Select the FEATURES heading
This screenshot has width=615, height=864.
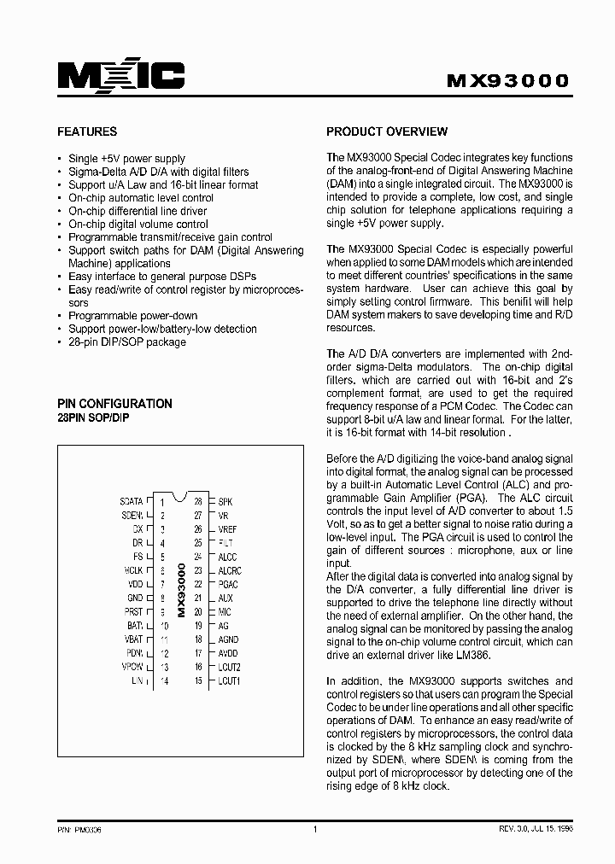(x=87, y=132)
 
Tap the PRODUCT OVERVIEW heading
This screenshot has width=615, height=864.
(x=387, y=131)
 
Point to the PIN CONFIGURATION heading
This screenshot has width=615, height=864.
(x=114, y=404)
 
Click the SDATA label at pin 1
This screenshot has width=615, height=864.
(x=132, y=502)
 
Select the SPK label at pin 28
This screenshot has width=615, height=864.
(x=225, y=502)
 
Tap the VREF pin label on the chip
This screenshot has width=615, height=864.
(x=228, y=529)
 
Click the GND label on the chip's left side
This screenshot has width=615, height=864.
(x=135, y=598)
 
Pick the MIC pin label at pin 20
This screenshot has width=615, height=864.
(x=225, y=612)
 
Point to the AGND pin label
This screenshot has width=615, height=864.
(x=229, y=639)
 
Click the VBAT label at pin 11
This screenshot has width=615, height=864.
(x=133, y=639)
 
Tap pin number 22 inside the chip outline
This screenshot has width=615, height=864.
(x=197, y=585)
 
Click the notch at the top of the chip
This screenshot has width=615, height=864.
(x=179, y=496)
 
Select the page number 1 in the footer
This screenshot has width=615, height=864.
(x=315, y=829)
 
